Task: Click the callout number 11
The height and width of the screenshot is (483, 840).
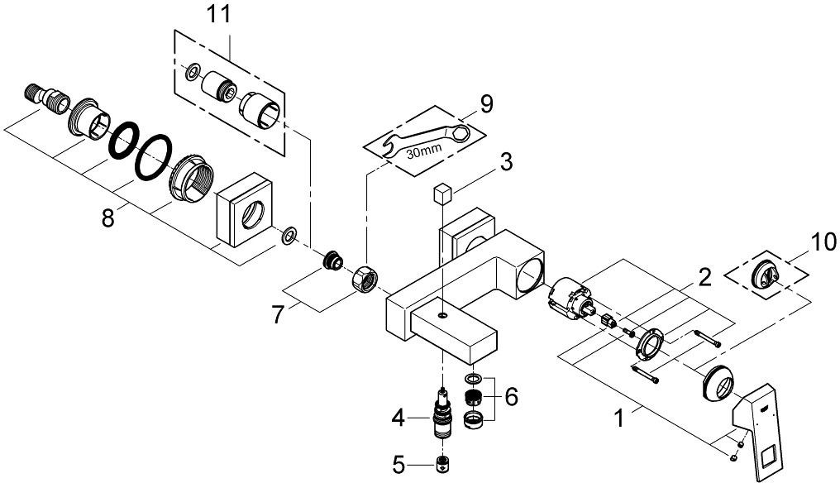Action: tap(219, 14)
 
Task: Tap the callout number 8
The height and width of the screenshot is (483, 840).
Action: tap(108, 218)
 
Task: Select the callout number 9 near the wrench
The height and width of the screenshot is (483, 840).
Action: tap(486, 104)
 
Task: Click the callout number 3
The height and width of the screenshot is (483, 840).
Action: tap(506, 162)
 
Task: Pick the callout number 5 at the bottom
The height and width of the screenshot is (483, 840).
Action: tap(398, 465)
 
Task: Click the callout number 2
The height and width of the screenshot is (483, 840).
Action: tap(704, 277)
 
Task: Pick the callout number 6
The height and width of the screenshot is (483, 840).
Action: tap(511, 397)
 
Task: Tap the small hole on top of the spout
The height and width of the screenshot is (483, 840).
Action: tap(441, 314)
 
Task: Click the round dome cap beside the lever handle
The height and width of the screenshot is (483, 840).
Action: tap(721, 385)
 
